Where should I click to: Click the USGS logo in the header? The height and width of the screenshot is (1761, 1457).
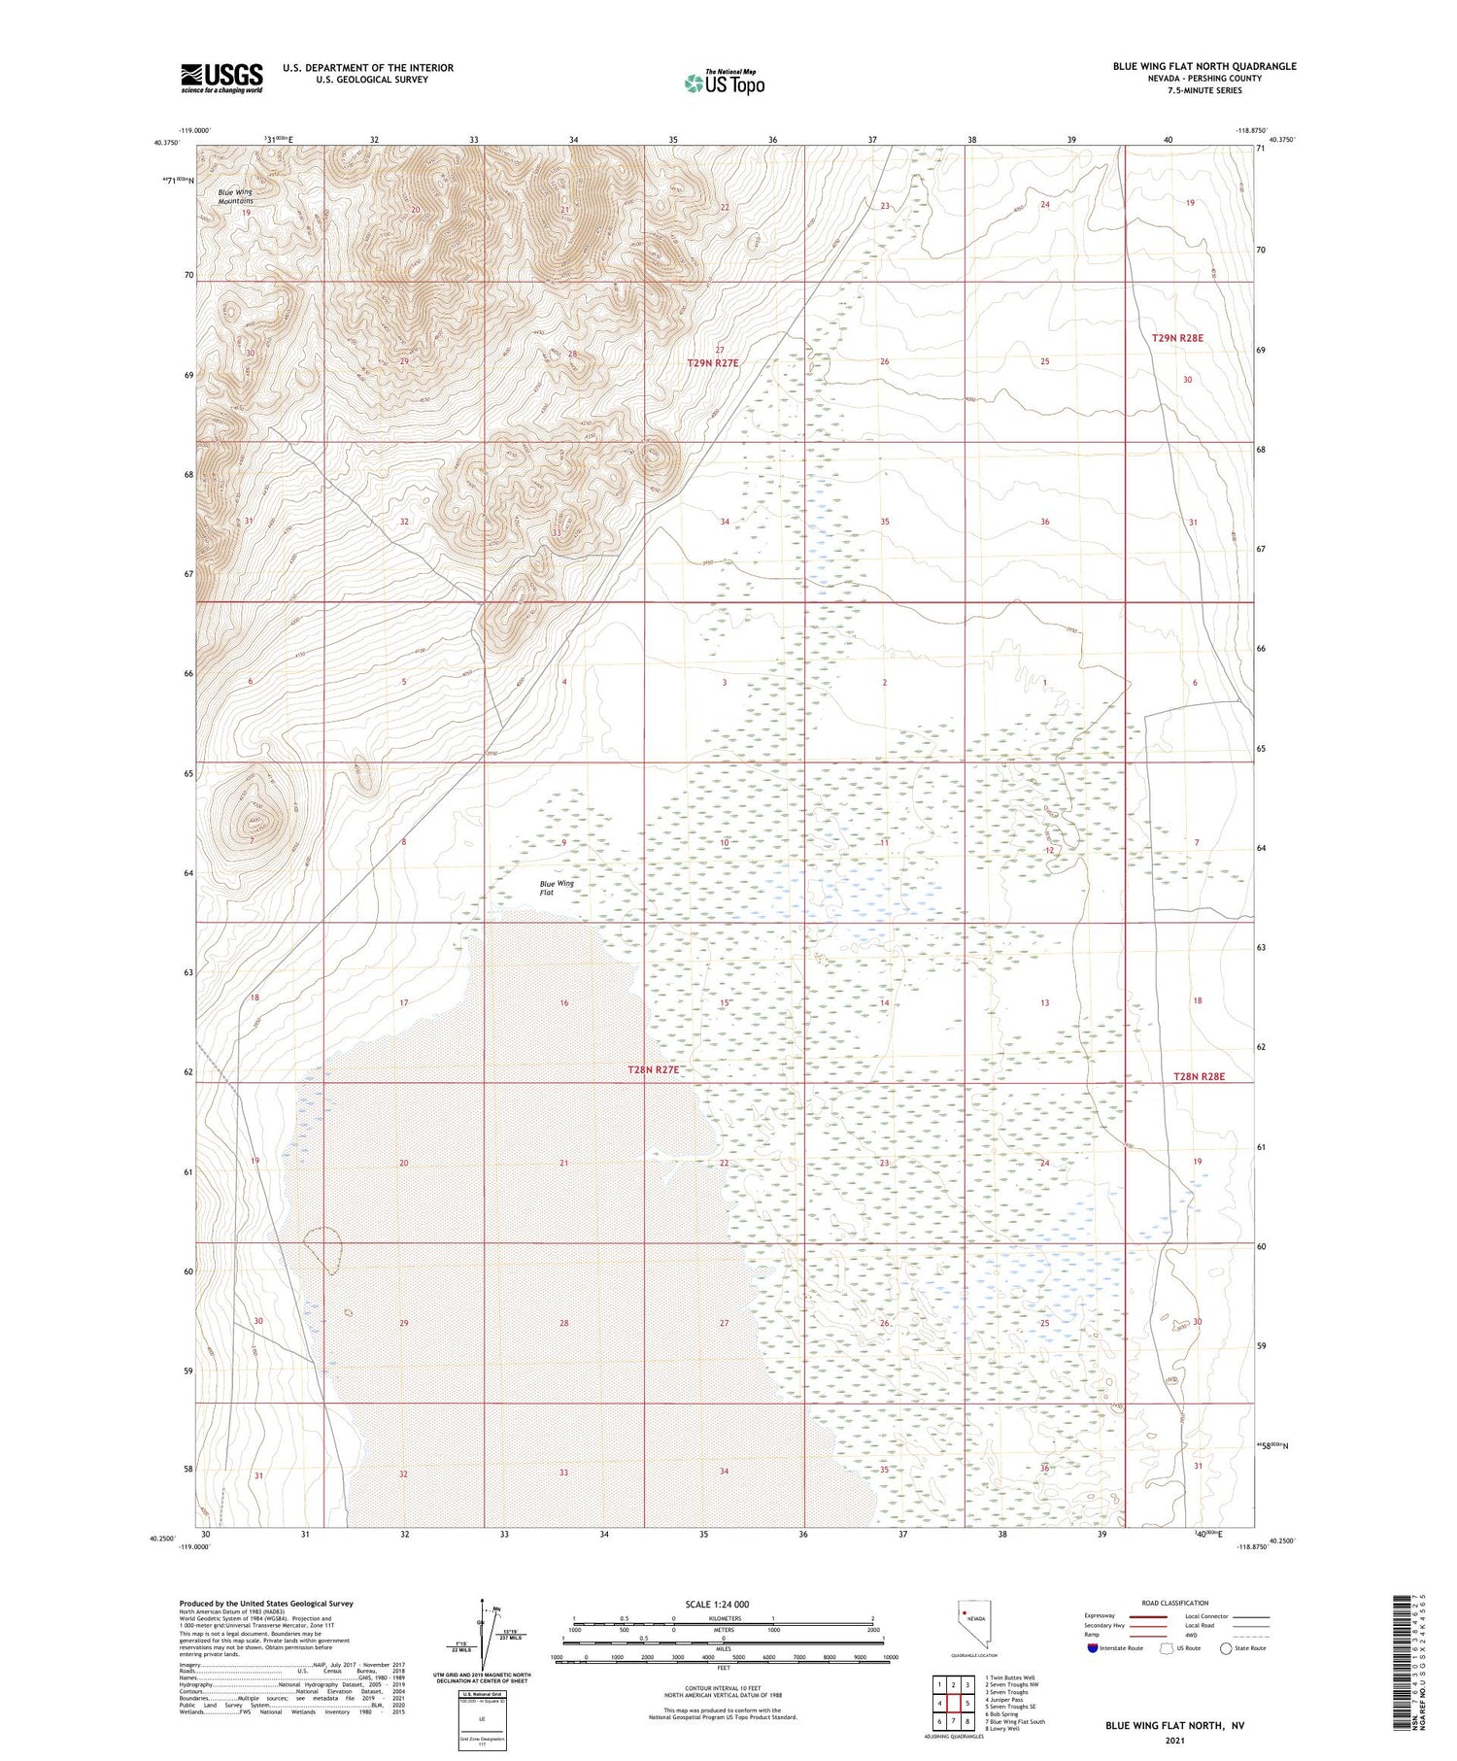coord(221,78)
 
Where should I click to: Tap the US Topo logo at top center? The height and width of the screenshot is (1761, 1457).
coord(724,83)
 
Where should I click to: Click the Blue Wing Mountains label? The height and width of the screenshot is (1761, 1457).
coord(234,196)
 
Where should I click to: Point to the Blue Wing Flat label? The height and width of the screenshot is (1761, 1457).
coord(557,888)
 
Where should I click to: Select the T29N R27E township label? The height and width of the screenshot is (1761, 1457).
coord(713,362)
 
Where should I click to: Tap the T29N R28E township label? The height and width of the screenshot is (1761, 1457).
coord(1177,338)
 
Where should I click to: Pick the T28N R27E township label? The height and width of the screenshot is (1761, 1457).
coord(653,1069)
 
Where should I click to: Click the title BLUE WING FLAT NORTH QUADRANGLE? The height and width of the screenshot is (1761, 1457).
coord(1204,66)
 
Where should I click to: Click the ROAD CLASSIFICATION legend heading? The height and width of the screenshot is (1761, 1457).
coord(1175,1603)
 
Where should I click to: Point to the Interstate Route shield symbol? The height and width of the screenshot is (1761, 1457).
coord(1093,1648)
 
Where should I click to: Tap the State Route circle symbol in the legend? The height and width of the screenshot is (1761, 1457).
coord(1226,1648)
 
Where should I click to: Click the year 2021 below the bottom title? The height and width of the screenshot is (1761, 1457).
coord(1174,1740)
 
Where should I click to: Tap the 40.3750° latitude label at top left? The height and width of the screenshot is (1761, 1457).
coord(165,143)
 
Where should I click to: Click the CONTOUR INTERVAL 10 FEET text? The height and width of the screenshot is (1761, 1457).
coord(723,1690)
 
